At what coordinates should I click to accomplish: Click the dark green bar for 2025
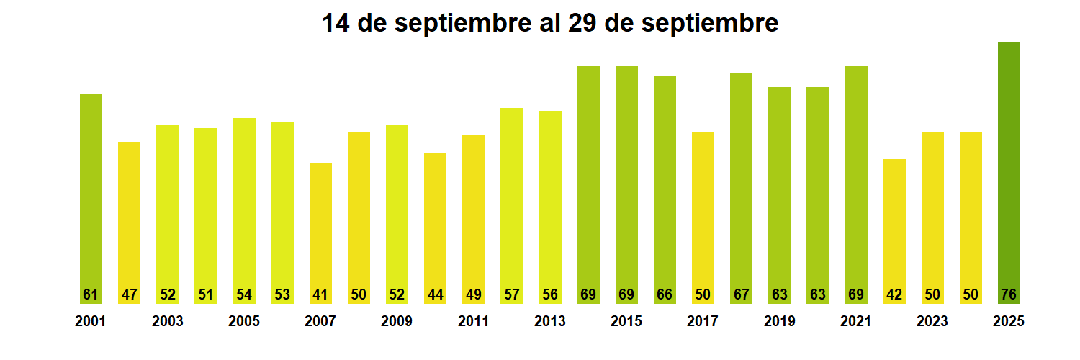(1009, 173)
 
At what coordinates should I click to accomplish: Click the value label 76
(1009, 294)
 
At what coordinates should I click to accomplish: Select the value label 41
(320, 294)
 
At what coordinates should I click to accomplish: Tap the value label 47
(129, 294)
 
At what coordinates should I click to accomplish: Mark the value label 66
(665, 294)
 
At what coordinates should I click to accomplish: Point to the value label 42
(894, 294)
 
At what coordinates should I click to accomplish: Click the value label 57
(511, 294)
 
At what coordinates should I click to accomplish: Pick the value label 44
(435, 294)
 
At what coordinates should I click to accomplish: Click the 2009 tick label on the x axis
(397, 322)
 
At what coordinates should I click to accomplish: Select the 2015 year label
(626, 322)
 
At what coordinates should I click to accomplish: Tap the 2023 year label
(932, 322)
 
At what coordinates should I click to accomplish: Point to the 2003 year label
(167, 322)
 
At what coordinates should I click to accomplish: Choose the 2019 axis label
(779, 322)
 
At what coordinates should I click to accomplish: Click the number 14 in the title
(336, 24)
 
